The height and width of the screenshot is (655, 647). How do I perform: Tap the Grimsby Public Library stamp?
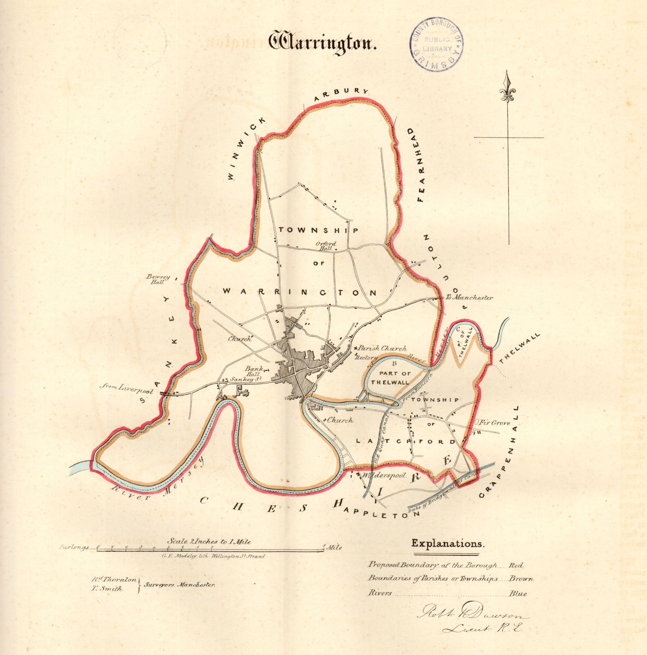tap(437, 44)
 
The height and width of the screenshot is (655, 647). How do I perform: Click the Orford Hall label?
tap(326, 246)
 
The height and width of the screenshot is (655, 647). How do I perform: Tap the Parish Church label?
tap(382, 348)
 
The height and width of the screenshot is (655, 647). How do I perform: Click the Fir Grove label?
tap(495, 422)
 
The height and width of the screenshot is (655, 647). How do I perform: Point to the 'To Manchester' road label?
tap(469, 298)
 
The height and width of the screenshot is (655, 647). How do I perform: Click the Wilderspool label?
tap(383, 476)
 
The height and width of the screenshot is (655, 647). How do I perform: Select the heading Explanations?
tap(447, 544)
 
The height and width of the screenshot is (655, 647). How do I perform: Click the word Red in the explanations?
tap(516, 565)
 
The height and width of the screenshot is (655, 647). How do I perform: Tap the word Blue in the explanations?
tap(518, 593)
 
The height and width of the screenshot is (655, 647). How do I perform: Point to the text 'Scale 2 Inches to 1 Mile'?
tap(209, 541)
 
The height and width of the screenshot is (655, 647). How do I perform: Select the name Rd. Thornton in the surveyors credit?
tap(114, 580)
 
